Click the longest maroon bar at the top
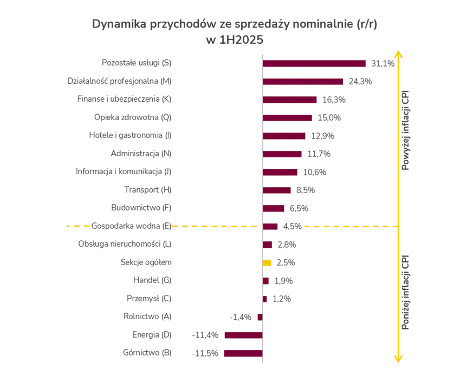click(x=314, y=64)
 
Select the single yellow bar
click(x=268, y=263)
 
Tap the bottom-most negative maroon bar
click(x=242, y=354)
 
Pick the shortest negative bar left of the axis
click(x=260, y=317)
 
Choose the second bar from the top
click(x=303, y=82)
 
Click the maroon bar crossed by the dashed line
click(x=271, y=227)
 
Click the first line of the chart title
click(x=233, y=25)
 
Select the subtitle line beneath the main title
click(x=233, y=39)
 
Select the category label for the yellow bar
click(x=145, y=263)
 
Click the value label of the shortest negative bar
click(x=242, y=317)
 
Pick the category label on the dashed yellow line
click(x=131, y=226)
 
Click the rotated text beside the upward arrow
click(x=407, y=130)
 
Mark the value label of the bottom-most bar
click(x=206, y=354)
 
